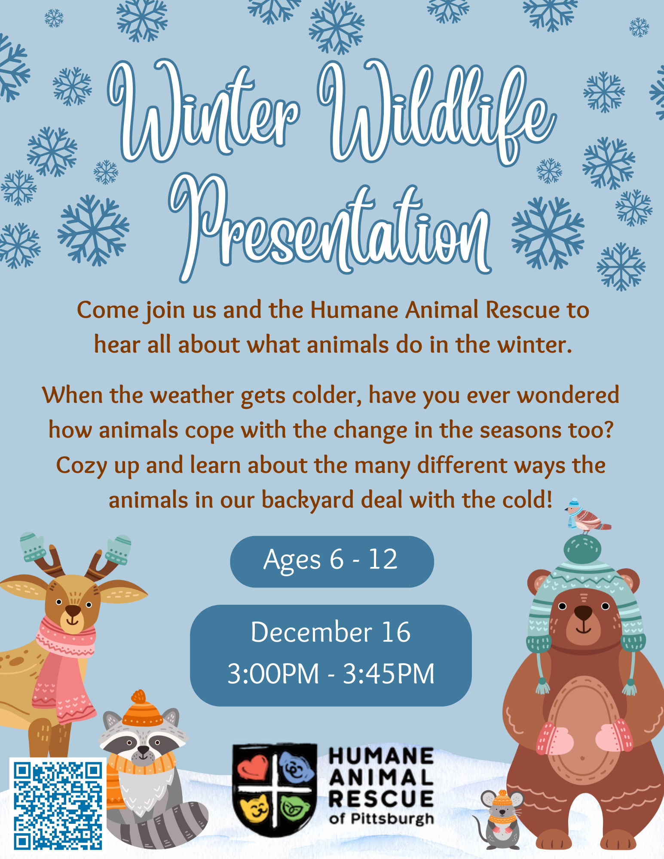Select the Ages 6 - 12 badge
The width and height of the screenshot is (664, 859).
pos(332,561)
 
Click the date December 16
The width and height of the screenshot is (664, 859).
pos(330,632)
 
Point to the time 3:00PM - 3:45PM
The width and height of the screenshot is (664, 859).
pos(331,673)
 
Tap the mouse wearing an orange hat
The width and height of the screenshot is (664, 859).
pos(500,819)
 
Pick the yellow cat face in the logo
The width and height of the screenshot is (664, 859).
pos(254,808)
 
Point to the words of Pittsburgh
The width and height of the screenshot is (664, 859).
pos(381,819)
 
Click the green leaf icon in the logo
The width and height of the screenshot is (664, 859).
pos(295,807)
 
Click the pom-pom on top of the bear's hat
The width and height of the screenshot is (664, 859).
pos(582,549)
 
